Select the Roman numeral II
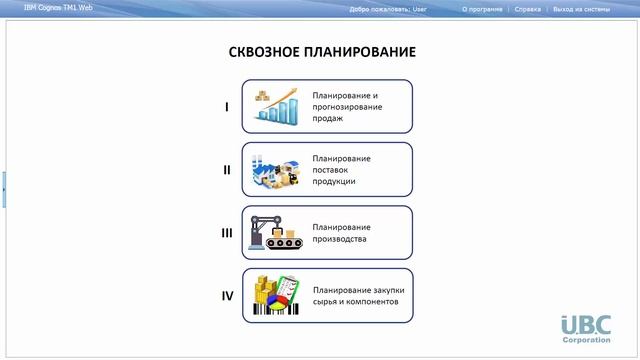227,169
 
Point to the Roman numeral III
227,233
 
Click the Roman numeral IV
227,296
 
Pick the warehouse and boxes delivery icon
276,169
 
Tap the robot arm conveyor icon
276,232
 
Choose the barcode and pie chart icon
276,296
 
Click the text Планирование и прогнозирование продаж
346,106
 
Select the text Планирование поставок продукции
341,169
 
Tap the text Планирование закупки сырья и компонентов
358,296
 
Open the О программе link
483,8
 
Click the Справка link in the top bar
527,8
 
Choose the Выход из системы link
581,8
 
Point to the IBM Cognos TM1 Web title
58,8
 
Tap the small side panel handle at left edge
3,188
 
